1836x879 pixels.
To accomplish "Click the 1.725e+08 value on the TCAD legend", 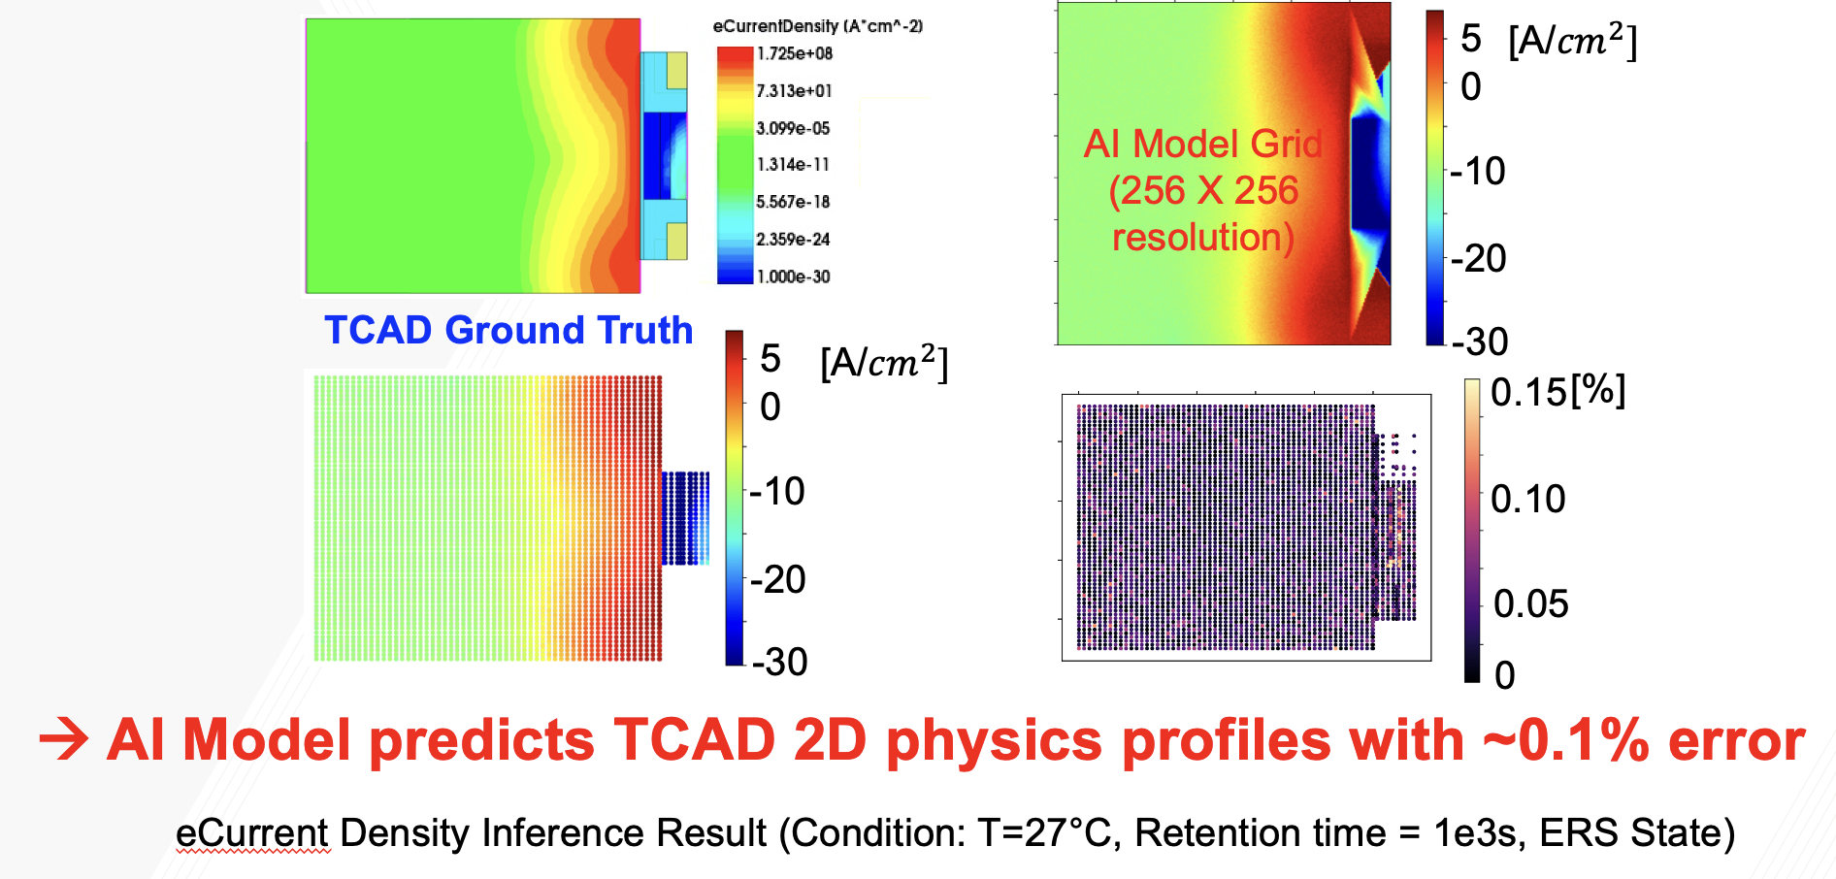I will [794, 53].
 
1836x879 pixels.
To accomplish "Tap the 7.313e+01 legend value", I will [794, 91].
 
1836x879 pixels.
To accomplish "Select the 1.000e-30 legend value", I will [793, 277].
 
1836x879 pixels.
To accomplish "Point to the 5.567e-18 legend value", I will [793, 202].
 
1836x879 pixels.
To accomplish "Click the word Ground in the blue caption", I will [508, 331].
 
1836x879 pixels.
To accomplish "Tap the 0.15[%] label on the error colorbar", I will [1557, 392].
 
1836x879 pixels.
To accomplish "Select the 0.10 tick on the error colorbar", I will [1528, 499].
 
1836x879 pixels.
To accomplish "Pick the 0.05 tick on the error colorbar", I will [1530, 603].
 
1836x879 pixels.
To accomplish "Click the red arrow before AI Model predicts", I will [64, 741].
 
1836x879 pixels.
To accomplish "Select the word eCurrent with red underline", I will [252, 832].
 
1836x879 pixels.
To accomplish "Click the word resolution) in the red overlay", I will [1203, 237].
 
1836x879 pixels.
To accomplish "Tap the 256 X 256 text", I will [1203, 190].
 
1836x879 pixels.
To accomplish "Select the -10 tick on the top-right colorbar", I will [1477, 172].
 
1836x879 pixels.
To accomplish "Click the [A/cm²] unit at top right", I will [1572, 41].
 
